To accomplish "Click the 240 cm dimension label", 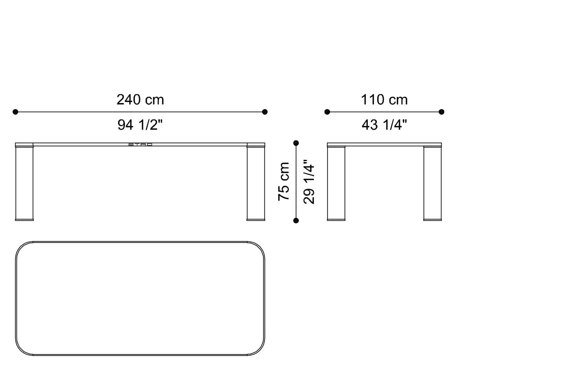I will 140,100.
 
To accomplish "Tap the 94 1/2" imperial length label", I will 140,125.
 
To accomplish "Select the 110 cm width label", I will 384,100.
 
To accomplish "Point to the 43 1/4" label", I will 384,125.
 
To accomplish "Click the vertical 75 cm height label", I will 284,181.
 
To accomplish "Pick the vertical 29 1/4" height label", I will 309,182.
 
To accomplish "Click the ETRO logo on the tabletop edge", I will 140,144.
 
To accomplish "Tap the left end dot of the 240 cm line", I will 15,112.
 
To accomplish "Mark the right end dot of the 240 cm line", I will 265,112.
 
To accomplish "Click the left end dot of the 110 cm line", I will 327,112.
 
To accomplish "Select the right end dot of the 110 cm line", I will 442,112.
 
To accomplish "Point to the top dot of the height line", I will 296,143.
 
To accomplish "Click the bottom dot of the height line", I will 296,220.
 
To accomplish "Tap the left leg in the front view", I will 24,183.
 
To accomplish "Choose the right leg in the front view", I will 256,183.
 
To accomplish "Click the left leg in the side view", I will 336,183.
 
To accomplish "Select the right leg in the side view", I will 433,183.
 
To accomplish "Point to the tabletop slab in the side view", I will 384,145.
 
